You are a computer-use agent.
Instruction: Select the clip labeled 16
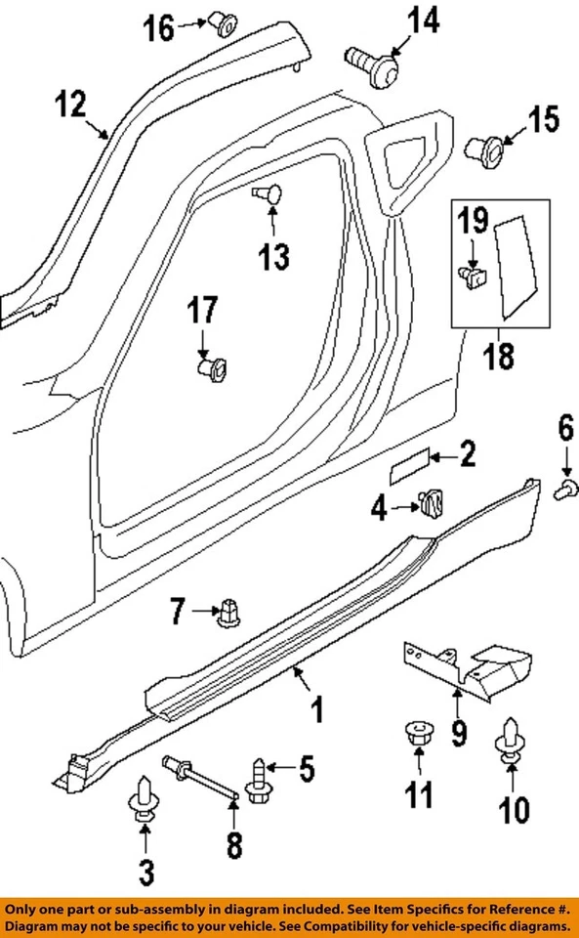click(222, 24)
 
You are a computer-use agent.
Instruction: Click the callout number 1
click(316, 710)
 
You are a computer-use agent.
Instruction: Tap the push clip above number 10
click(512, 743)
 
